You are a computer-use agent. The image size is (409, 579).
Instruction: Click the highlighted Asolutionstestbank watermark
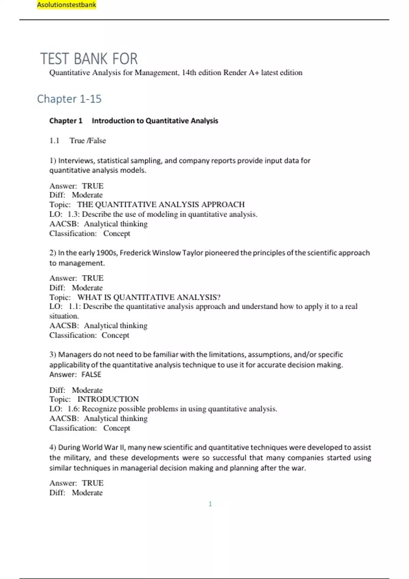(66, 5)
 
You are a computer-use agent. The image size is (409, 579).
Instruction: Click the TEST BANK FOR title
(89, 59)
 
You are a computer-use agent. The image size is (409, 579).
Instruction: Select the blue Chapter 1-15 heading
(69, 99)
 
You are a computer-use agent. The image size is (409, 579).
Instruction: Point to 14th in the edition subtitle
(188, 73)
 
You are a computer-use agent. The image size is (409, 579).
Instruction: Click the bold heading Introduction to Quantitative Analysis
(155, 121)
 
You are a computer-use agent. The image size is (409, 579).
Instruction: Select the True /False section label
(88, 141)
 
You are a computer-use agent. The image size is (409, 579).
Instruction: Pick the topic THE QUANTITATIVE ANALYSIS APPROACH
(161, 204)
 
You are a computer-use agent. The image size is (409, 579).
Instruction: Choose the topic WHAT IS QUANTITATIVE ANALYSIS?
(149, 297)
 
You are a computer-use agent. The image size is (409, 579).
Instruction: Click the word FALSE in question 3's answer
(91, 374)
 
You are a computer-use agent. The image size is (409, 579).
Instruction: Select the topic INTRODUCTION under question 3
(108, 399)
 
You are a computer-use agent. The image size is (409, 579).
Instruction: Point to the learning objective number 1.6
(73, 409)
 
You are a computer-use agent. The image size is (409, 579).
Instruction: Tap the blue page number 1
(210, 504)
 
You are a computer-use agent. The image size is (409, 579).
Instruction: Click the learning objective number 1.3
(73, 214)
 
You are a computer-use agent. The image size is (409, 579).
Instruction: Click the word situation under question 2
(64, 316)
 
